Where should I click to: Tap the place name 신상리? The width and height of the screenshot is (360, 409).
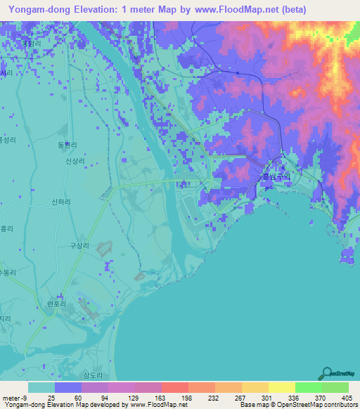(75, 162)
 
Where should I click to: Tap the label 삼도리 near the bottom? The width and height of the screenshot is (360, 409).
(94, 374)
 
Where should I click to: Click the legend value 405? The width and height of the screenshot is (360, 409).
(345, 397)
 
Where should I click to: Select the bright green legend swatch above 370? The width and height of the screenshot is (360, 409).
(308, 387)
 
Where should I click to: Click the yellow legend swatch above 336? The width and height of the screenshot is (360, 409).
(281, 387)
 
